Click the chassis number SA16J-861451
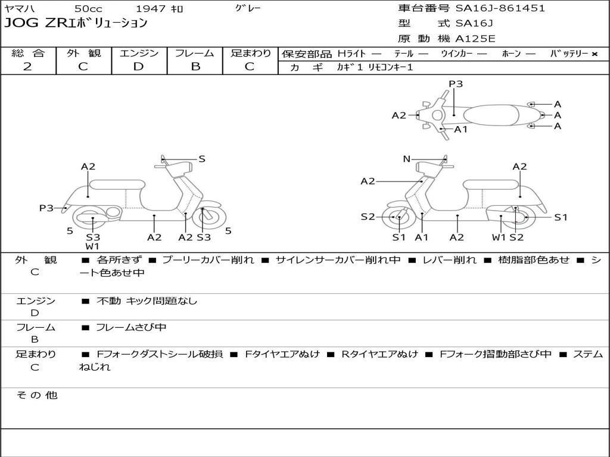[500, 8]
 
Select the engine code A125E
[475, 39]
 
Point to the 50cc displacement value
[88, 8]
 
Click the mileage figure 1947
[151, 8]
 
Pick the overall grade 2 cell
[27, 67]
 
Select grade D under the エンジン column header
[139, 67]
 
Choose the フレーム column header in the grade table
[194, 53]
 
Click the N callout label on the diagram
[407, 159]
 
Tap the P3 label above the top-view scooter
[456, 84]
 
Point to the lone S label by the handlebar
[202, 159]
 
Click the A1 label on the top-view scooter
[461, 129]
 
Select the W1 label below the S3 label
[92, 246]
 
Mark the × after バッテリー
[595, 54]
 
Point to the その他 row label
[36, 395]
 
